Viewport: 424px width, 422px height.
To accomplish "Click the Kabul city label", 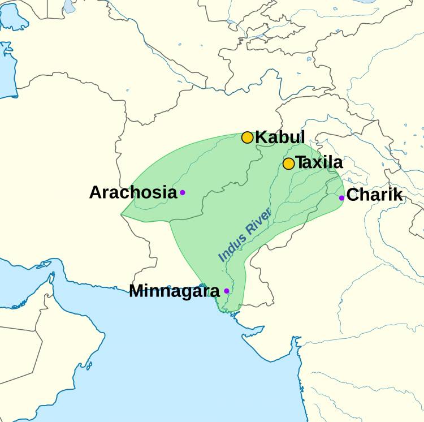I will click(280, 137).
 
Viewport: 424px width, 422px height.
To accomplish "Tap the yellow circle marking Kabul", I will click(247, 137).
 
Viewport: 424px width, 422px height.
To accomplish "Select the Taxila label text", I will click(319, 163).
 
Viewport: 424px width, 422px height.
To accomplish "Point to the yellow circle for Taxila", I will click(288, 163).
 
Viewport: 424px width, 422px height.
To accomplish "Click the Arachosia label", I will click(133, 192).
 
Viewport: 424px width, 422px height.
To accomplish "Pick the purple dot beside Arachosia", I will click(183, 192).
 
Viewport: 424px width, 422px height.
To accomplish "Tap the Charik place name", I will click(374, 195).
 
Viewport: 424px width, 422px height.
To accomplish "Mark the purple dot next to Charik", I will click(341, 197).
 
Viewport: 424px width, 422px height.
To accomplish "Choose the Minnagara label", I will click(174, 291).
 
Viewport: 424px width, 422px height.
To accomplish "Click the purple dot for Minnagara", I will click(227, 291).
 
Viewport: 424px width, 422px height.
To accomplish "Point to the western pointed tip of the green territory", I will click(122, 216).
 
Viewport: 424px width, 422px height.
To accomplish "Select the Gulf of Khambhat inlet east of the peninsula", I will click(294, 345).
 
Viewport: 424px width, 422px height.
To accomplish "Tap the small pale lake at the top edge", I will click(69, 6).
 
